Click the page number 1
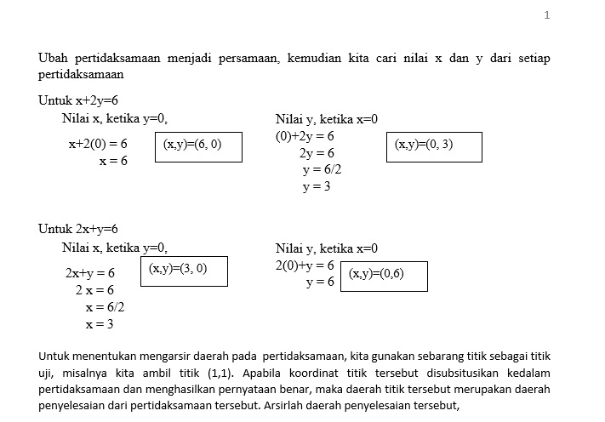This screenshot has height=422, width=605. click(x=547, y=15)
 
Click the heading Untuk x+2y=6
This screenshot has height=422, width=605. click(x=77, y=100)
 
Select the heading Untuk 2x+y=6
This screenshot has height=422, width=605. click(x=77, y=229)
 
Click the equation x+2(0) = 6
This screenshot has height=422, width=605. click(x=98, y=145)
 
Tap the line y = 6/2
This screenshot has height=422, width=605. click(x=322, y=169)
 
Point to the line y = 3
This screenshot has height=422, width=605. click(x=317, y=186)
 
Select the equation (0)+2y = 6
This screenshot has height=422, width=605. click(x=305, y=136)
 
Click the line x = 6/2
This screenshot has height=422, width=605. click(x=105, y=306)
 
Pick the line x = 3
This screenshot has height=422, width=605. click(x=100, y=323)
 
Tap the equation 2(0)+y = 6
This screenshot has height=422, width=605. click(x=305, y=265)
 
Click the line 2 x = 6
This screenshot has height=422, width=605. click(x=94, y=290)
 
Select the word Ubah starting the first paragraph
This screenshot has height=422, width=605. click(x=53, y=58)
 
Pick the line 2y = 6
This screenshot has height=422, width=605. click(x=317, y=153)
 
